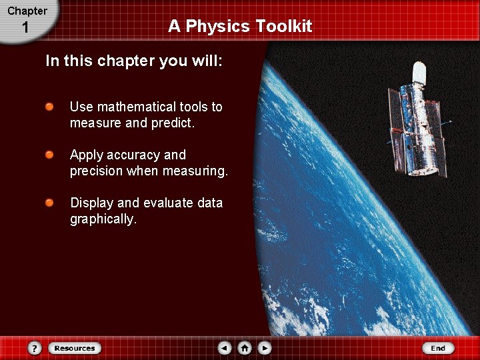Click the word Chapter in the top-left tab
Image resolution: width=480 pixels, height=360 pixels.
[x=27, y=11]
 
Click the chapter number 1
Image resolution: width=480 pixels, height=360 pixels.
[x=25, y=28]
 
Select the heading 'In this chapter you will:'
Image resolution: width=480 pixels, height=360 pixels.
[x=133, y=61]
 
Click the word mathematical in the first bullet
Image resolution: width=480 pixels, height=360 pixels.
[x=136, y=107]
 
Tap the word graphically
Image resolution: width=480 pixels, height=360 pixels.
[x=103, y=219]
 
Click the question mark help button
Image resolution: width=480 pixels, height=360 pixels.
[x=35, y=348]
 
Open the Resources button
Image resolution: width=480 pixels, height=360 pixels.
[x=75, y=348]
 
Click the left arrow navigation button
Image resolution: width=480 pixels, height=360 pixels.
[x=225, y=348]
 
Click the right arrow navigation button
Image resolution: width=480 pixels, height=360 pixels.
[x=265, y=348]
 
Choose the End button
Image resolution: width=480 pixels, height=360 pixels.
[x=438, y=348]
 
